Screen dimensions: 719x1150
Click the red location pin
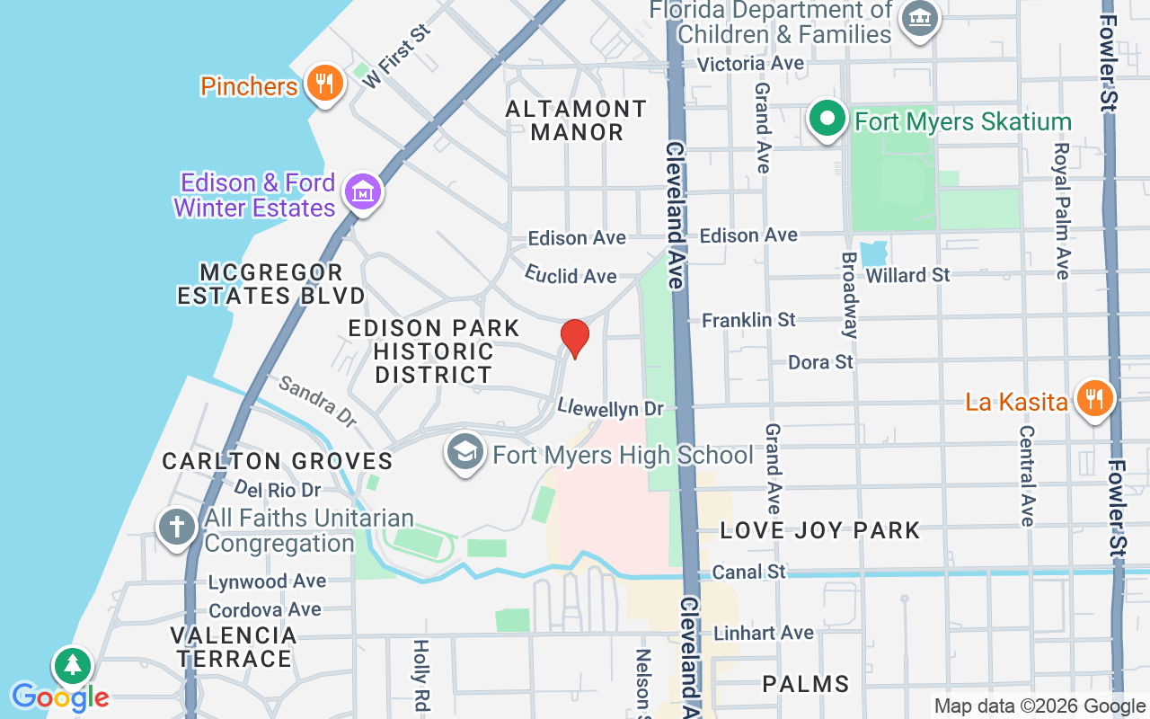click(x=575, y=338)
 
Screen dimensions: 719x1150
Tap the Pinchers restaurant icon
click(x=324, y=84)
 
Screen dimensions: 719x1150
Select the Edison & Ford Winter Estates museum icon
click(x=363, y=193)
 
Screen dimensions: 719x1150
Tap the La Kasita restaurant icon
click(x=1093, y=398)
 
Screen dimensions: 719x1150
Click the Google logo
click(x=60, y=697)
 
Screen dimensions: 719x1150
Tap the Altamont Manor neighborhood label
click(x=576, y=120)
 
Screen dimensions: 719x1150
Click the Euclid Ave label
click(x=571, y=275)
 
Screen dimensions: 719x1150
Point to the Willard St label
click(x=907, y=275)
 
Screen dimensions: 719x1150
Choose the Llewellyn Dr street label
click(x=610, y=407)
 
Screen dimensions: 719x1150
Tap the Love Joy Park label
click(x=820, y=530)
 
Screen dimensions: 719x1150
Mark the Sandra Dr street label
click(x=317, y=400)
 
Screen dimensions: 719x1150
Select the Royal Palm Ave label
click(x=1062, y=210)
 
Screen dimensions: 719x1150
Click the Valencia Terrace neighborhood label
click(x=234, y=647)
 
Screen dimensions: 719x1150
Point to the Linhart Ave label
click(x=763, y=633)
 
